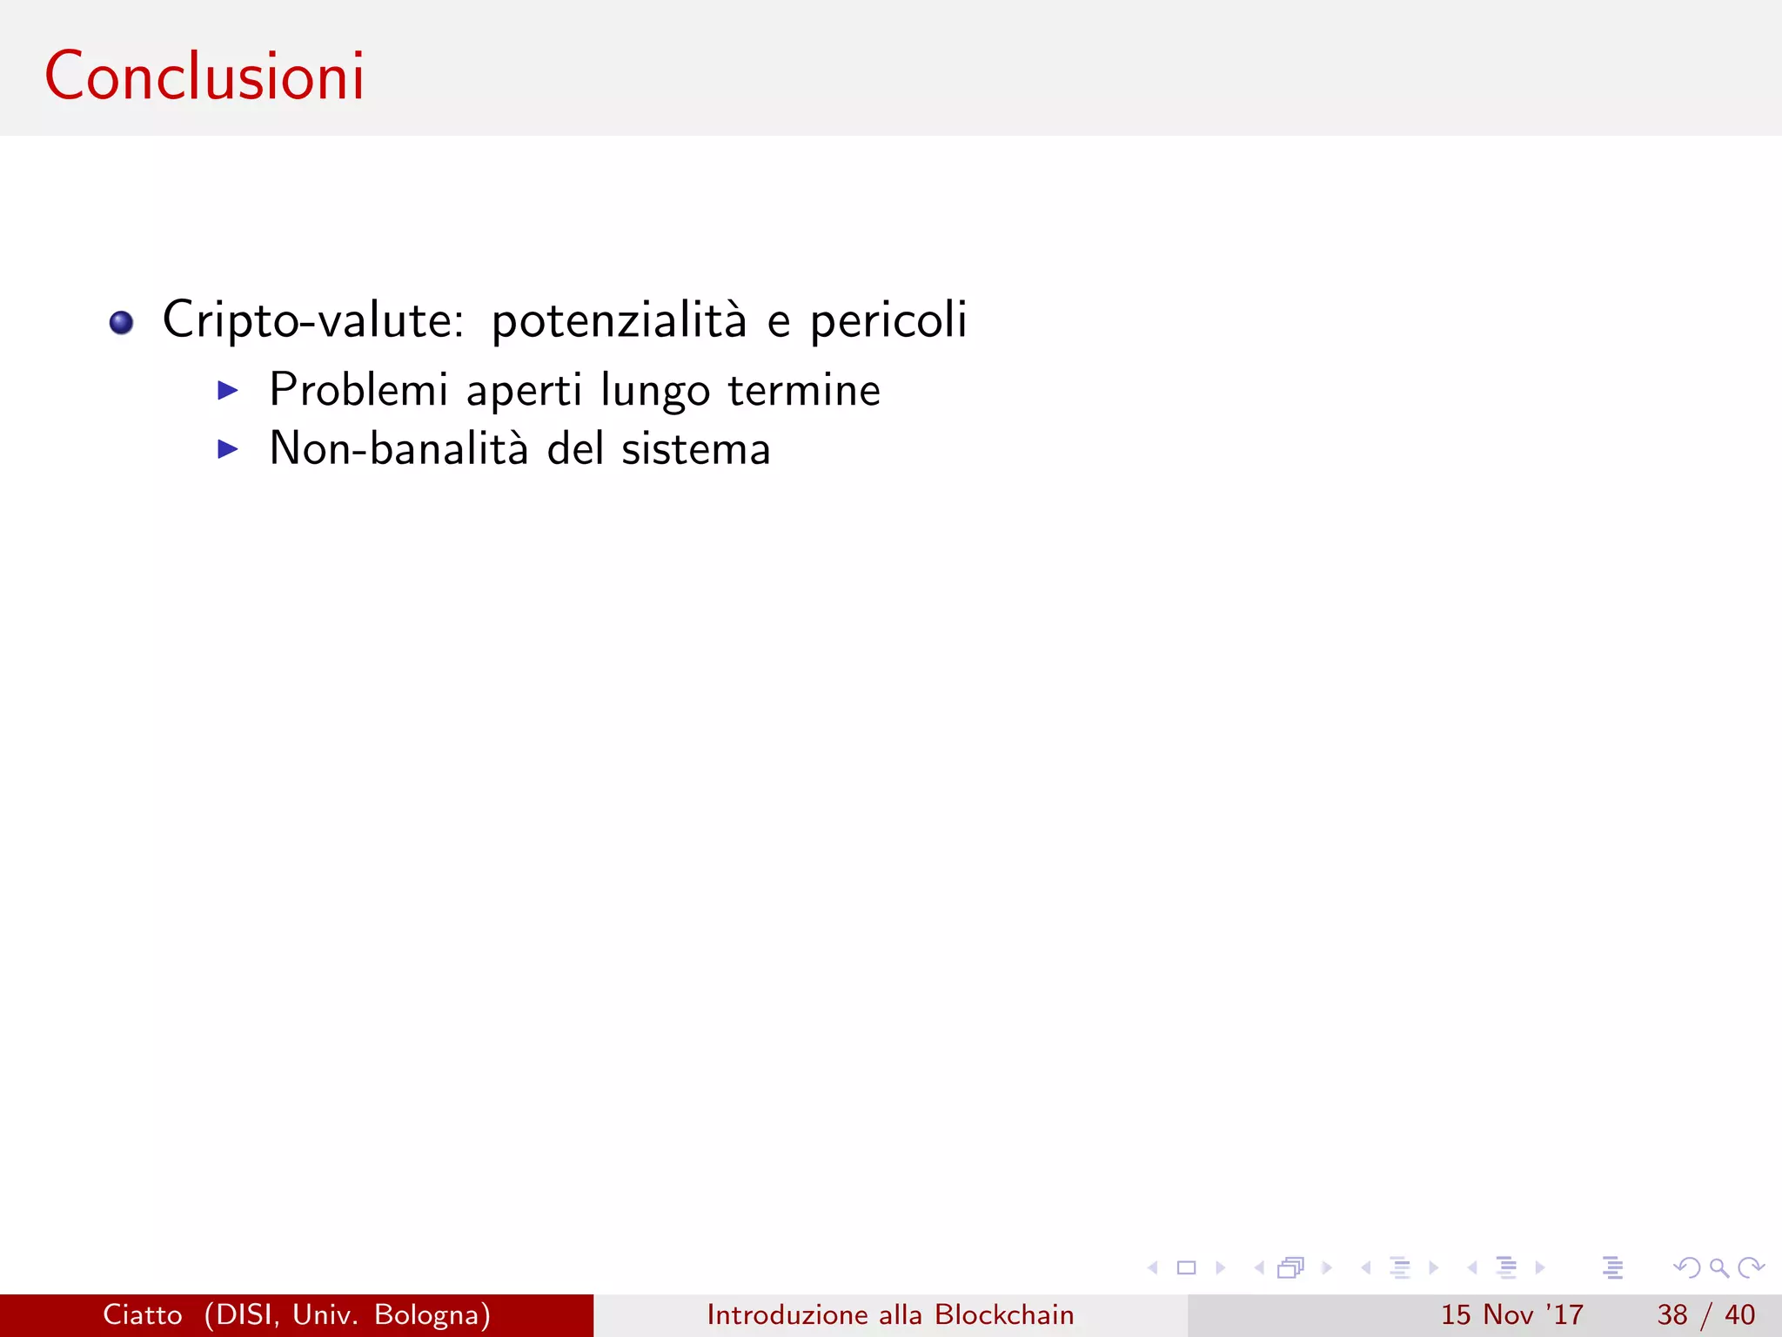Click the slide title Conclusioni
(x=204, y=77)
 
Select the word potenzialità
(x=619, y=319)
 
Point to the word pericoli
(x=888, y=319)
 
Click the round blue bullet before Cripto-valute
(x=121, y=323)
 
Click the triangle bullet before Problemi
(x=228, y=390)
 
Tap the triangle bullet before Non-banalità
(x=228, y=449)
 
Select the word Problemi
(x=358, y=389)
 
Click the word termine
(x=804, y=390)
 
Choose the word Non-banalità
(x=399, y=448)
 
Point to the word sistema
(x=696, y=449)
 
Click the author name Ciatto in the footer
(x=143, y=1314)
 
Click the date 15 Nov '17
(x=1512, y=1314)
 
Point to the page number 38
(x=1672, y=1314)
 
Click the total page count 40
(x=1740, y=1314)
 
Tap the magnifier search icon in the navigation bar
(x=1718, y=1268)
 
